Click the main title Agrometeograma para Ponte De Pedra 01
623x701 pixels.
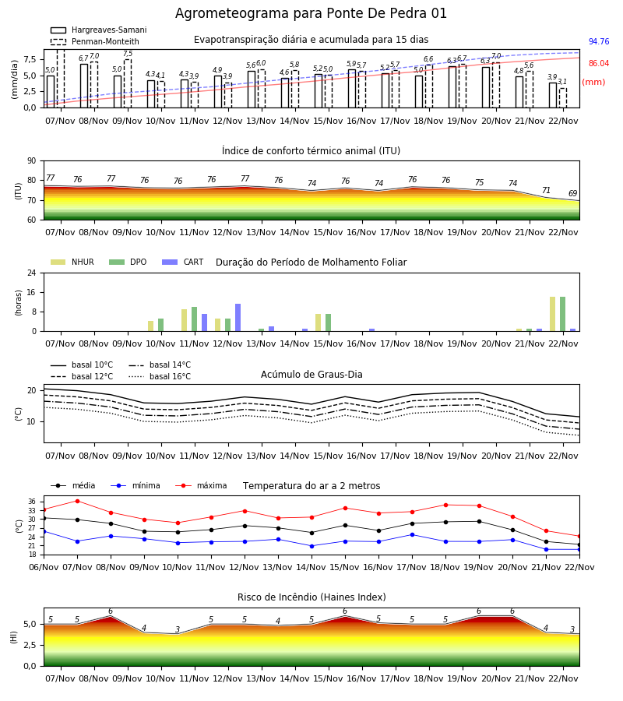[x=311, y=13]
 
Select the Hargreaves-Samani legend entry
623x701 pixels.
[x=99, y=30]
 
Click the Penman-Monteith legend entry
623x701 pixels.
[x=95, y=41]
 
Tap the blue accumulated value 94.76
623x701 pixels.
[x=599, y=41]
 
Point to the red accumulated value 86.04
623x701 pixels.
[x=599, y=64]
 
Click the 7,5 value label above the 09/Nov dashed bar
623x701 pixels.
[x=128, y=54]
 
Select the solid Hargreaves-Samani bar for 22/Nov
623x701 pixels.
[x=553, y=95]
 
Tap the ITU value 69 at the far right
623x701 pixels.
[x=572, y=194]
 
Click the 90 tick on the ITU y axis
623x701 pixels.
[x=32, y=161]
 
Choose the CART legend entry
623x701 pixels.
[x=183, y=262]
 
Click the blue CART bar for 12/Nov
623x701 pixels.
[x=238, y=318]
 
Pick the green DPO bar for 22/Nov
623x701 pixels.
[x=563, y=315]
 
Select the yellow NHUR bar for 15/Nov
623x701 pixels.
[x=319, y=322]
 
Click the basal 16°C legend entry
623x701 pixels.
[x=160, y=376]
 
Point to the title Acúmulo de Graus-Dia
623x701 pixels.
[x=311, y=375]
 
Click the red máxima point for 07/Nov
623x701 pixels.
[x=77, y=501]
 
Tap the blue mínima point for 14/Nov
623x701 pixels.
[x=312, y=546]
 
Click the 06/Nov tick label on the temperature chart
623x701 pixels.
[x=44, y=567]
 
